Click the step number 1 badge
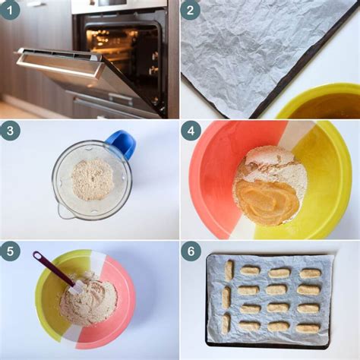pos(11,10)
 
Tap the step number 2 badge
pos(190,10)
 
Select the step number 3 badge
pos(11,131)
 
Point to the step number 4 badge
pos(191,131)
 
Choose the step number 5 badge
pos(11,251)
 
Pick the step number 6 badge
pos(191,251)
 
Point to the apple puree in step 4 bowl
pos(266,201)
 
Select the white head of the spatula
pos(76,286)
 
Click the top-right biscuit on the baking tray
pos(310,273)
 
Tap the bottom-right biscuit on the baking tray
pos(308,327)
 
